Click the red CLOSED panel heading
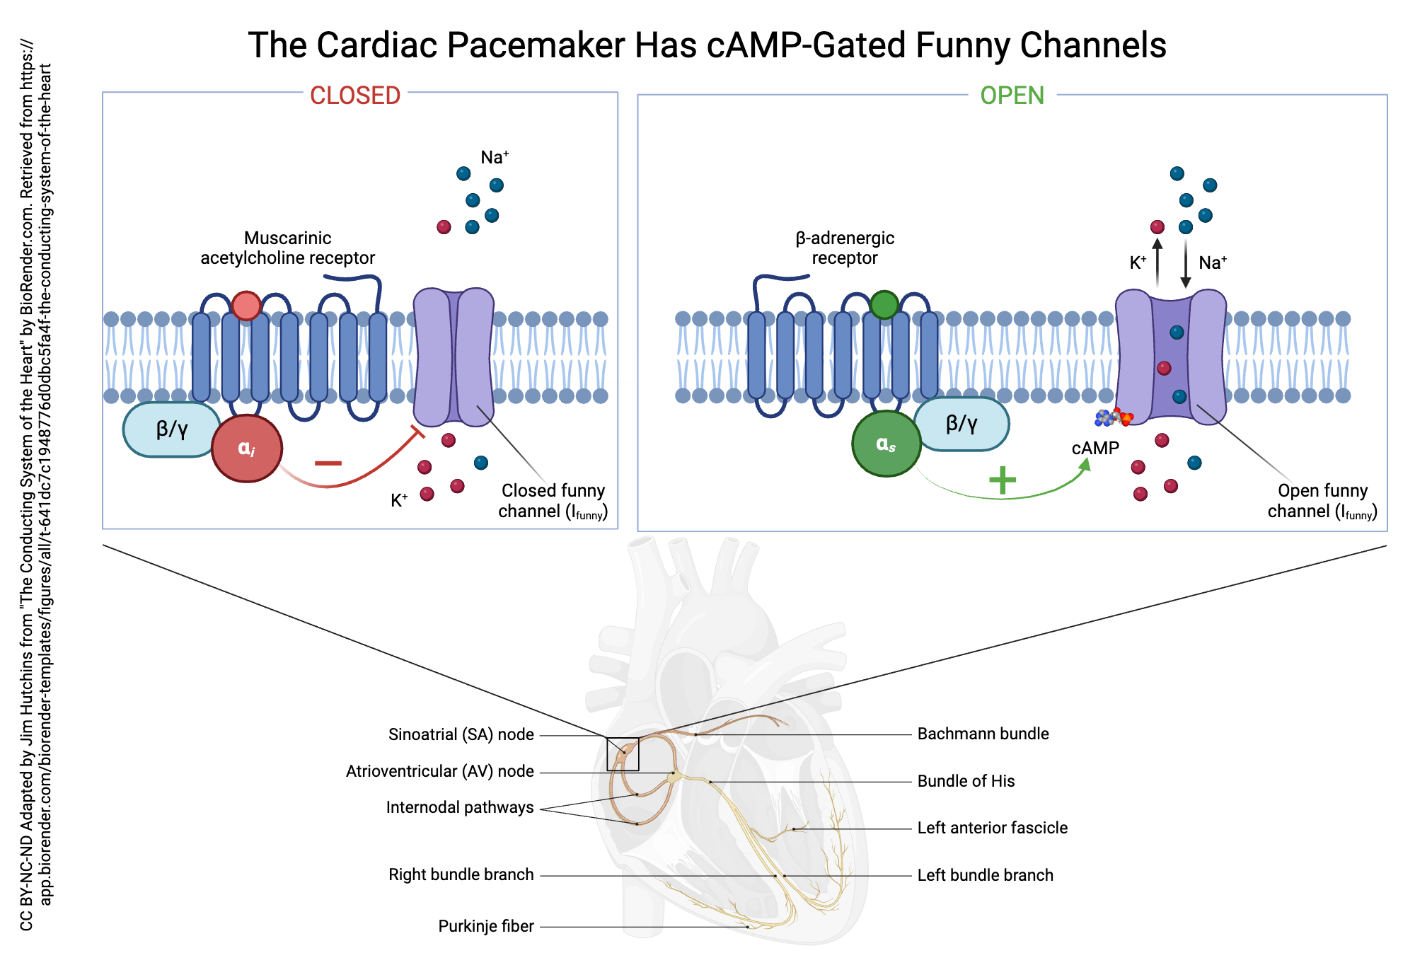(x=355, y=96)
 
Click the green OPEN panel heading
(x=1012, y=96)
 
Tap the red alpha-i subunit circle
(x=246, y=449)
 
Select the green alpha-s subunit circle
(x=886, y=444)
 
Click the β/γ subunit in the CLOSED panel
(x=171, y=429)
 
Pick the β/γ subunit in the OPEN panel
(x=961, y=424)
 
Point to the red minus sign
(x=328, y=463)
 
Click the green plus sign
(x=1003, y=480)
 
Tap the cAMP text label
(x=1095, y=449)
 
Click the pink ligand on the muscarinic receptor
(x=246, y=306)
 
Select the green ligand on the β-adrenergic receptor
(x=884, y=305)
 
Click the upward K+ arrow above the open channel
(x=1157, y=262)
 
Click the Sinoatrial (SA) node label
(x=461, y=734)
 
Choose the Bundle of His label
(x=966, y=781)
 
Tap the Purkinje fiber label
(x=485, y=926)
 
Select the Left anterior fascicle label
(x=992, y=828)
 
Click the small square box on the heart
(x=623, y=754)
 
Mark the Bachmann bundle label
(x=983, y=734)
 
